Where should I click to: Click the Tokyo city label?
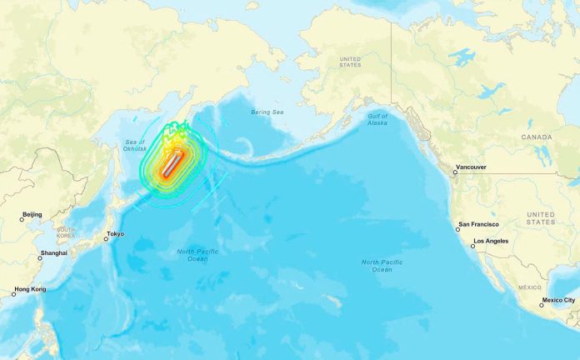116,234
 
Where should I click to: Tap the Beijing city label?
32,215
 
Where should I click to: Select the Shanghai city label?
53,253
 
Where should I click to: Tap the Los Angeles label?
492,242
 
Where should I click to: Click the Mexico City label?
559,300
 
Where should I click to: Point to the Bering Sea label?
267,112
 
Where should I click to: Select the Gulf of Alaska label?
377,119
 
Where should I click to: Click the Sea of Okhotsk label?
133,147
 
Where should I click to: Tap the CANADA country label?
537,137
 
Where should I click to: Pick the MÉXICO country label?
530,287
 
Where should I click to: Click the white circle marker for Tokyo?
106,239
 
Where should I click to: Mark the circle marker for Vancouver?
455,172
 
